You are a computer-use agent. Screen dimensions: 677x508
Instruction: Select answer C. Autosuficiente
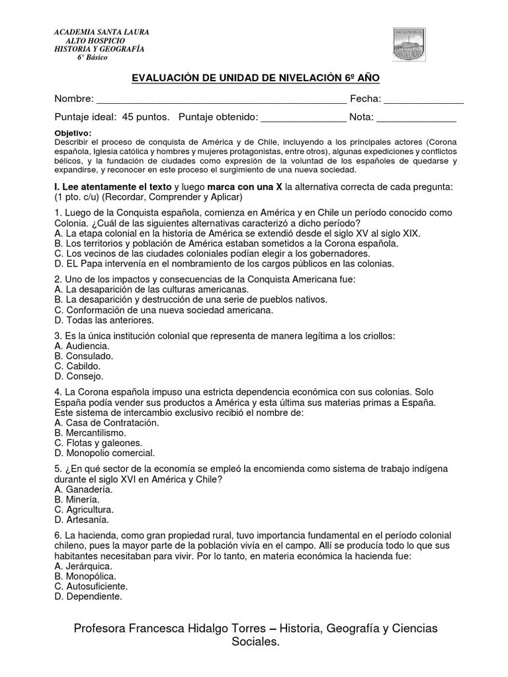click(x=91, y=586)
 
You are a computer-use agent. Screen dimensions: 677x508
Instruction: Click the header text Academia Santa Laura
click(x=101, y=32)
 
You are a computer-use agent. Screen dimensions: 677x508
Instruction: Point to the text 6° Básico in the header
click(x=92, y=58)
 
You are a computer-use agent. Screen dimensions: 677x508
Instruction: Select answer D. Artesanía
click(x=80, y=520)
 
